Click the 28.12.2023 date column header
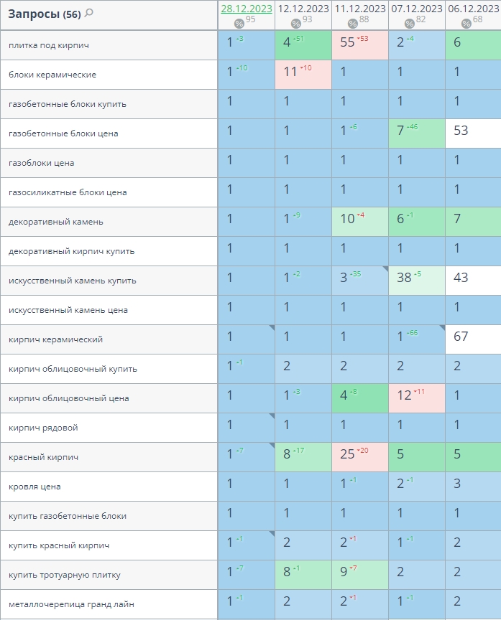point(246,9)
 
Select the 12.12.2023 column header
point(303,9)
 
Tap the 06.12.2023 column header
point(473,9)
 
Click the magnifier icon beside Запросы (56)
point(89,13)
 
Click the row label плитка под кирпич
point(49,45)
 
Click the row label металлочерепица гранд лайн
point(71,604)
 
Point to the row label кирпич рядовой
point(43,428)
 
